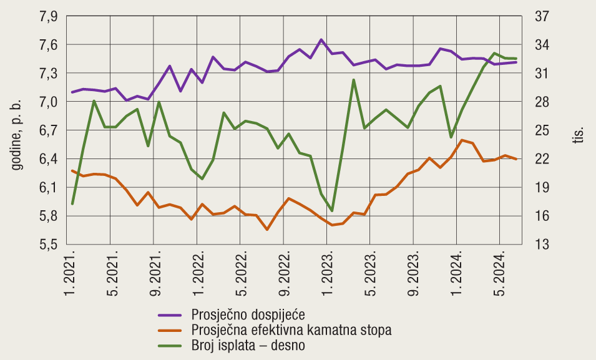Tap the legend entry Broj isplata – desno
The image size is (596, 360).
248,344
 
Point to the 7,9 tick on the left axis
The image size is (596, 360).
48,17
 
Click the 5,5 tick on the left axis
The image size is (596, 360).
48,245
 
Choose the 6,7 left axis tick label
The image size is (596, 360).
48,130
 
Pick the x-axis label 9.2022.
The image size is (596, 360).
288,273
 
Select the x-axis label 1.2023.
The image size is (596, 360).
331,273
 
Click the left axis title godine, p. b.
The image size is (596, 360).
17,130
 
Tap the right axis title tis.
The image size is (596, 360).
579,135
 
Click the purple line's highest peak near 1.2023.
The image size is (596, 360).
321,40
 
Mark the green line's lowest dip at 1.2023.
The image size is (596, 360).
332,211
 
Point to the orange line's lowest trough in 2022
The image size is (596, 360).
267,230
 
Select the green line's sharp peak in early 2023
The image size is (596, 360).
354,80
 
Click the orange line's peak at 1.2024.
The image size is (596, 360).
461,140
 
